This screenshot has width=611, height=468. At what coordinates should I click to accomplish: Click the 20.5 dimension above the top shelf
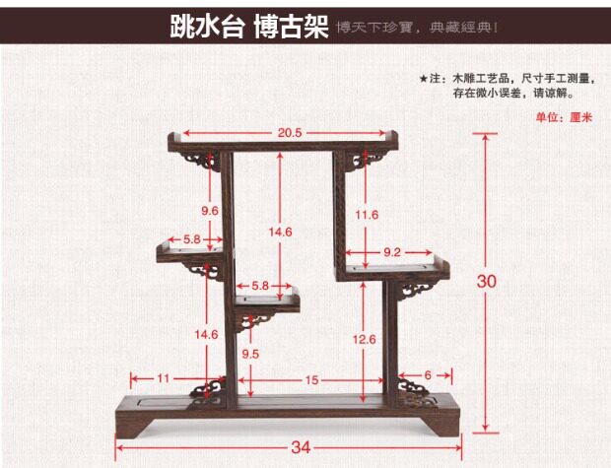(289, 132)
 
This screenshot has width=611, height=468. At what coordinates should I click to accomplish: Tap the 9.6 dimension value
(210, 211)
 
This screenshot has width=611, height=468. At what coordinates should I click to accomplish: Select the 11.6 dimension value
(367, 215)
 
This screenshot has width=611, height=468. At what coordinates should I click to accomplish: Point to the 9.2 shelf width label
(391, 252)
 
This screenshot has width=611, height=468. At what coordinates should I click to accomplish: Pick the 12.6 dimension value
(366, 339)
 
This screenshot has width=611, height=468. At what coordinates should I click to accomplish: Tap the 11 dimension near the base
(164, 377)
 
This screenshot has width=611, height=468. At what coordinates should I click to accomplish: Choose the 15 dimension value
(310, 379)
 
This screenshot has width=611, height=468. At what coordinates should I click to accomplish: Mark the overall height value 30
(487, 281)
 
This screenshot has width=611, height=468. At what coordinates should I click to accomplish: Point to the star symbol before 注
(424, 77)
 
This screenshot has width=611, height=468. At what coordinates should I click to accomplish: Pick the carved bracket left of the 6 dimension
(411, 388)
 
